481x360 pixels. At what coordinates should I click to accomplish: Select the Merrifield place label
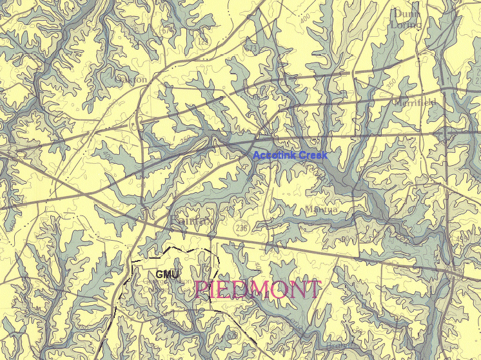tap(414, 103)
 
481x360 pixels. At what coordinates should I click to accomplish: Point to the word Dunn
tap(406, 13)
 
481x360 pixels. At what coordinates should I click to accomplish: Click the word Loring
tap(406, 25)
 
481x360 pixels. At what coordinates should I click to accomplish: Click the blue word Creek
tap(312, 155)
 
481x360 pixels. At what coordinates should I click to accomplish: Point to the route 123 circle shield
tap(204, 41)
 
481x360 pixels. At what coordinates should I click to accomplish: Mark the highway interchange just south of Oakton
tap(136, 123)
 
